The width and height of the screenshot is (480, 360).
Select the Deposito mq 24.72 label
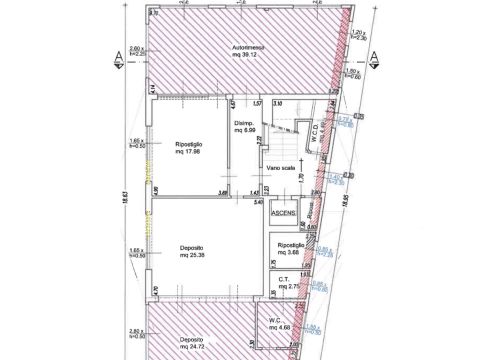click(x=193, y=344)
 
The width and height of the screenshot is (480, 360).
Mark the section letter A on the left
click(x=118, y=54)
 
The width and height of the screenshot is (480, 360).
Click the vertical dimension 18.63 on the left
click(x=124, y=200)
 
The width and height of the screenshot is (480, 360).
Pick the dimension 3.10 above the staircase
click(x=278, y=104)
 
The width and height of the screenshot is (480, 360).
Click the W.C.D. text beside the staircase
click(x=314, y=134)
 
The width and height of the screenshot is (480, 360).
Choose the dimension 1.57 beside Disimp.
click(x=256, y=104)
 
